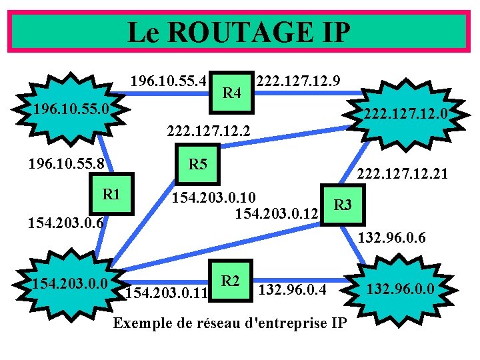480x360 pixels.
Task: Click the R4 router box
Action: [x=231, y=91]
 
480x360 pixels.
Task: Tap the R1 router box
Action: [x=111, y=194]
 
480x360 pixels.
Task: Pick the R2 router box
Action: [x=231, y=280]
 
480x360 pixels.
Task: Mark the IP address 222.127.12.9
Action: [x=299, y=81]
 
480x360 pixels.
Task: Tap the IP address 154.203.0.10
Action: [x=213, y=198]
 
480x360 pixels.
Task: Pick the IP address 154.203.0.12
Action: [x=275, y=214]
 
